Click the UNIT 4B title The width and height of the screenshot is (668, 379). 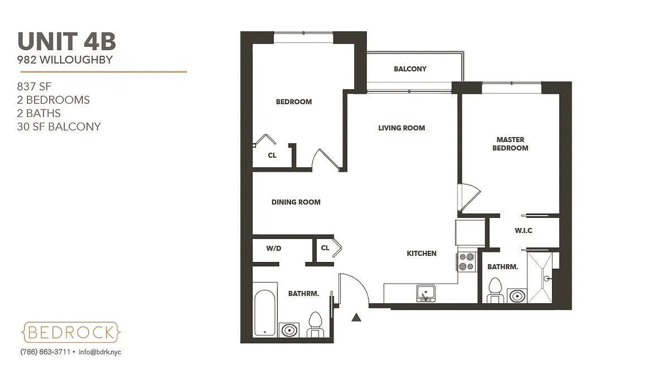(67, 42)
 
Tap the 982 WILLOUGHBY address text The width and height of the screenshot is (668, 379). (65, 60)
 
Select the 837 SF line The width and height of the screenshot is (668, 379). (34, 87)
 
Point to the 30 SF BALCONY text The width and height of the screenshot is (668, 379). (59, 126)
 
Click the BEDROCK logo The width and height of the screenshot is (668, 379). (71, 332)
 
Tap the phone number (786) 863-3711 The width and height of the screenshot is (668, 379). (45, 352)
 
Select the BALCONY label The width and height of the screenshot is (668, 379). (410, 69)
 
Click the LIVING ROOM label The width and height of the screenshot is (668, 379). (402, 128)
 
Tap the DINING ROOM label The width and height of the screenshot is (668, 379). (296, 202)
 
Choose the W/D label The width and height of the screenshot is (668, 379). (274, 248)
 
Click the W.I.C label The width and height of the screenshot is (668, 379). (523, 231)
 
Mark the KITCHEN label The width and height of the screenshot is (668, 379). (421, 253)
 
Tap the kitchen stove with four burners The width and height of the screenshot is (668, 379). (467, 262)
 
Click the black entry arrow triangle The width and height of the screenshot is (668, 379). (357, 317)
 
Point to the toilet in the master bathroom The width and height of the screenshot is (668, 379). (494, 290)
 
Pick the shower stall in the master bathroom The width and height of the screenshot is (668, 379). (540, 278)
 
